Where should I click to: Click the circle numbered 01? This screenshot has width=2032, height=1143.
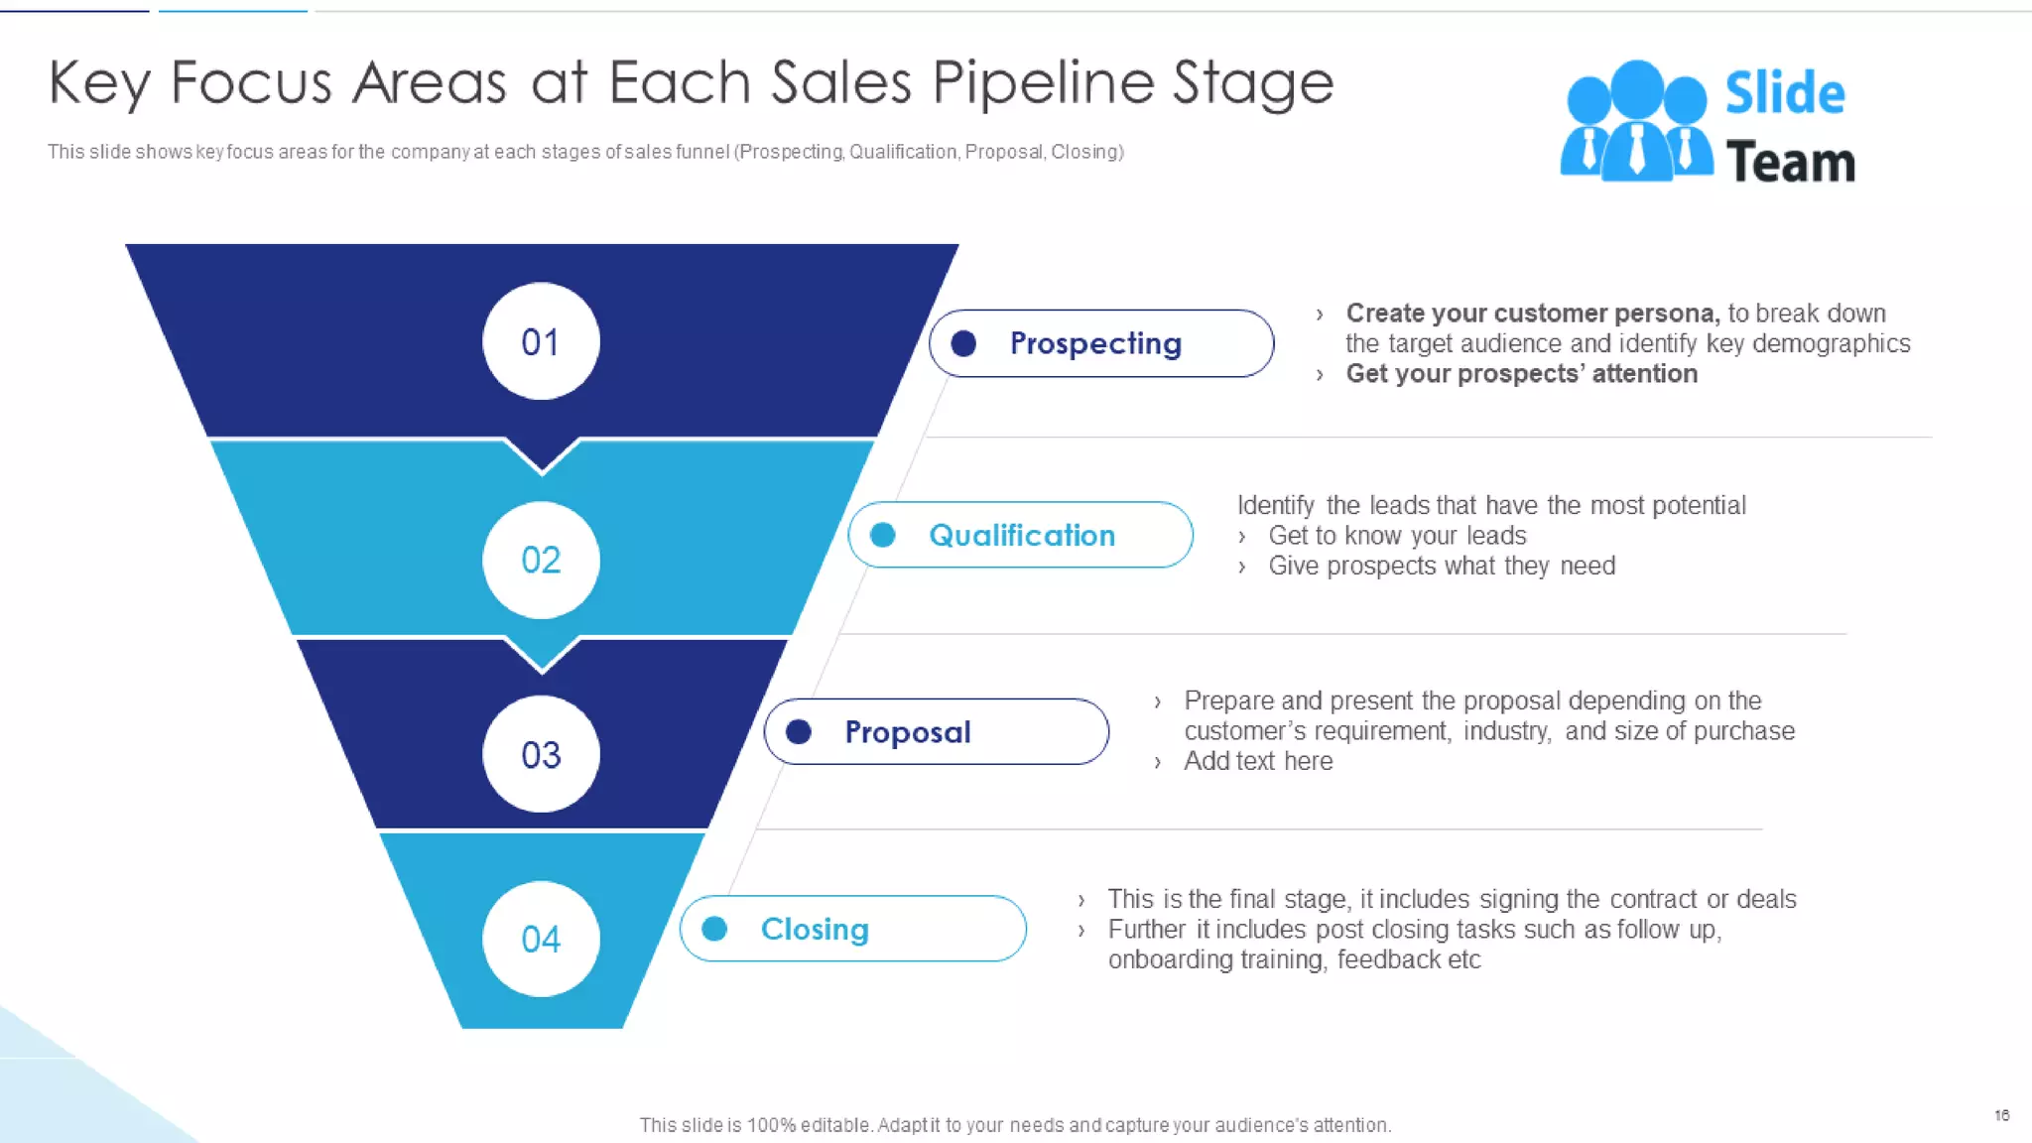[541, 341]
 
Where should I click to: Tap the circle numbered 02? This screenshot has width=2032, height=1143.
[541, 560]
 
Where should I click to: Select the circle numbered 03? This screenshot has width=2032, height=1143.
[541, 754]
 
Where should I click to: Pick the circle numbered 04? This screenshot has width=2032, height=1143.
[541, 939]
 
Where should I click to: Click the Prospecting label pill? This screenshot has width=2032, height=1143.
[1101, 343]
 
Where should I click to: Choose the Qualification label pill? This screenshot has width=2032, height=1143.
[1020, 535]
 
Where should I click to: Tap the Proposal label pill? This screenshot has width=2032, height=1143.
[937, 731]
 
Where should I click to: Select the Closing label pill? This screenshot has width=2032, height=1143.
[852, 929]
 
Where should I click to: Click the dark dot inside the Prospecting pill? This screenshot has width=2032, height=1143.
[963, 343]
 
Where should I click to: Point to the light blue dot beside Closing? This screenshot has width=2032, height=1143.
[714, 929]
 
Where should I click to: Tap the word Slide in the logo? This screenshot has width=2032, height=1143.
[1784, 93]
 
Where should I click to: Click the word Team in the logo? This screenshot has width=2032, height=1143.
[1790, 163]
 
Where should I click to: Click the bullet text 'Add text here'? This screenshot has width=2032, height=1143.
[1258, 761]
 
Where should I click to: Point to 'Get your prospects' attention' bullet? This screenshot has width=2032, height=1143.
[1521, 374]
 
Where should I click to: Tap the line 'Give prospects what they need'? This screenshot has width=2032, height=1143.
[1441, 566]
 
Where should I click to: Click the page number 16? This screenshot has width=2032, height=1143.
[2001, 1115]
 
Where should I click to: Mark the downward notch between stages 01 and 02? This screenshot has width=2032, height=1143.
[542, 456]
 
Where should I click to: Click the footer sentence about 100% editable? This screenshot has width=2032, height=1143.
[1015, 1125]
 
